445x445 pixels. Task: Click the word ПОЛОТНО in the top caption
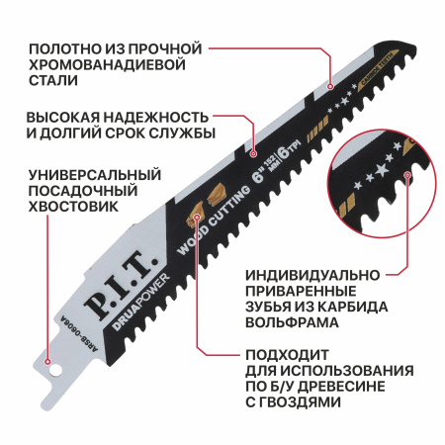coord(61,47)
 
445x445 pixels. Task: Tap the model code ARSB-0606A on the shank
coord(80,320)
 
